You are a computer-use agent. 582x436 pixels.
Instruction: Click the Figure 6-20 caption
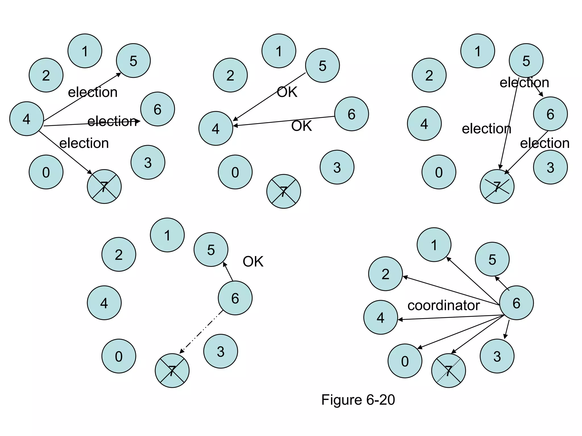pyautogui.click(x=358, y=400)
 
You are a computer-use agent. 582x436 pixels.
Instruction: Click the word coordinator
pyautogui.click(x=443, y=305)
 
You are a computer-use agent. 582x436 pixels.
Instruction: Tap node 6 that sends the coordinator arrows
pyautogui.click(x=516, y=303)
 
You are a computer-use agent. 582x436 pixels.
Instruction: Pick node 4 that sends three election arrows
pyautogui.click(x=26, y=119)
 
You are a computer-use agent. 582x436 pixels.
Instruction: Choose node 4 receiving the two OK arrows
pyautogui.click(x=216, y=128)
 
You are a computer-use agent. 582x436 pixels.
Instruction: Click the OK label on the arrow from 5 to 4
pyautogui.click(x=287, y=92)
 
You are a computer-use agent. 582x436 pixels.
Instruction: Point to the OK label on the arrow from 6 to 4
pyautogui.click(x=302, y=126)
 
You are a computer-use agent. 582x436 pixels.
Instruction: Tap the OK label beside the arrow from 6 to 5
pyautogui.click(x=253, y=261)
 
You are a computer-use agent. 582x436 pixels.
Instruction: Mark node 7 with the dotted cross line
pyautogui.click(x=448, y=370)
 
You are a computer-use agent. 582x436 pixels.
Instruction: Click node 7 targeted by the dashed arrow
pyautogui.click(x=172, y=370)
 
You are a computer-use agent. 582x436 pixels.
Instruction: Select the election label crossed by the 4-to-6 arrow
pyautogui.click(x=112, y=121)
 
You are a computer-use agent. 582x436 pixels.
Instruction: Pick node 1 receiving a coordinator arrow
pyautogui.click(x=434, y=245)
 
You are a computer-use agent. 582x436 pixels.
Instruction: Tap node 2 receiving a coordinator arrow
pyautogui.click(x=385, y=274)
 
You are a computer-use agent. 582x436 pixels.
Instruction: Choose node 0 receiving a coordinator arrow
pyautogui.click(x=405, y=361)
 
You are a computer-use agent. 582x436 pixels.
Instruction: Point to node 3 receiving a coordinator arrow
pyautogui.click(x=497, y=356)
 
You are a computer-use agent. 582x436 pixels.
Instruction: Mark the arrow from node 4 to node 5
pyautogui.click(x=82, y=97)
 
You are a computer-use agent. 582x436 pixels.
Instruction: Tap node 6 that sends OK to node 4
pyautogui.click(x=352, y=114)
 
